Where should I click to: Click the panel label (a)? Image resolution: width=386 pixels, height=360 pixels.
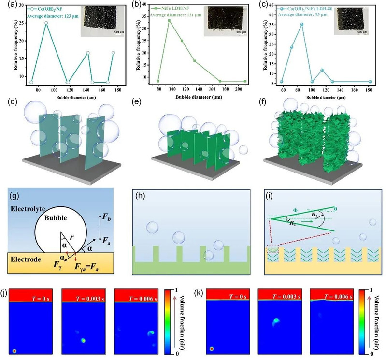click(x=6, y=5)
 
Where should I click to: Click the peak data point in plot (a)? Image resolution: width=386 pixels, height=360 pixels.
click(x=46, y=23)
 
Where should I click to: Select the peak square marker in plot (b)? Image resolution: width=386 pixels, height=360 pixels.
click(x=170, y=20)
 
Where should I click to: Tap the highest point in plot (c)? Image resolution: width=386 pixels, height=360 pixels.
click(x=302, y=24)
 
